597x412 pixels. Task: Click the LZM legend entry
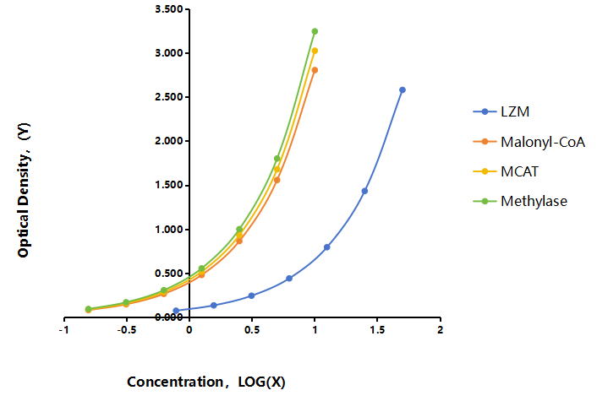[501, 111]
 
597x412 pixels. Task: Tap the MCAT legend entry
[506, 171]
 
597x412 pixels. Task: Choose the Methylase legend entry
[520, 201]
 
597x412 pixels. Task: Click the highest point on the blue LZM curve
[403, 90]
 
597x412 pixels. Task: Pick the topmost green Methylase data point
[315, 31]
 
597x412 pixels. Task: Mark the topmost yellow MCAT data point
[315, 51]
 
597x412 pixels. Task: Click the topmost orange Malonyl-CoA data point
[315, 70]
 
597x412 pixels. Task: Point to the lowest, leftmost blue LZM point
[176, 311]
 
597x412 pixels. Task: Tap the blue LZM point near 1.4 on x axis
[364, 191]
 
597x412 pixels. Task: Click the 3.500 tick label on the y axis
[168, 9]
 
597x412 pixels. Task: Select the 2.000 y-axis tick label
[168, 141]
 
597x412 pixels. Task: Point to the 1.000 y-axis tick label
[168, 229]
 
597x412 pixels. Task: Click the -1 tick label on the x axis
[63, 330]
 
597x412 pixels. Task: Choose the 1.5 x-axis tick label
[377, 330]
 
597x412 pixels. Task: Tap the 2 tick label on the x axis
[440, 330]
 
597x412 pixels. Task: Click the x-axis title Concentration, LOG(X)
[206, 382]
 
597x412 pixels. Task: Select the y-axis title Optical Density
[24, 190]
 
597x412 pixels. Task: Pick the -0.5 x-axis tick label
[126, 330]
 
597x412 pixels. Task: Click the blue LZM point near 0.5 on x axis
[251, 295]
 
